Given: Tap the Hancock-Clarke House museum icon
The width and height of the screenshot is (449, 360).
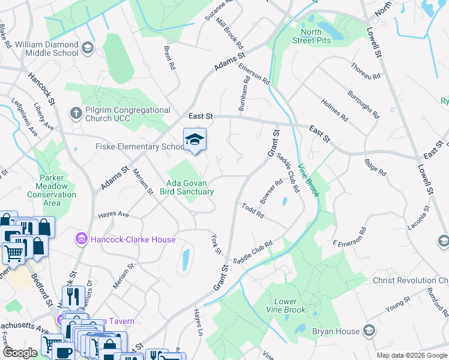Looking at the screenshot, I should click(x=82, y=239).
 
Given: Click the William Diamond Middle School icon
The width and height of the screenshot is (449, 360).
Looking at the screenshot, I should click(x=87, y=47).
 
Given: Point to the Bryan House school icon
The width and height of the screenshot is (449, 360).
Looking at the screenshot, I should click(x=370, y=331).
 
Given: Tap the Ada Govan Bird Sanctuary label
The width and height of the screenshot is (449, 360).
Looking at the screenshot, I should click(x=187, y=187).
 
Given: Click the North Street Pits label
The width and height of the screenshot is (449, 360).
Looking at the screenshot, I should click(x=315, y=36).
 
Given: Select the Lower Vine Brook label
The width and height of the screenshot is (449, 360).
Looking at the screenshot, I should click(x=286, y=306).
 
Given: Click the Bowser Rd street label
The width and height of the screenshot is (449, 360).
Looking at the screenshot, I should click(x=271, y=191).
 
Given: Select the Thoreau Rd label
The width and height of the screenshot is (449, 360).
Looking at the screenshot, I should click(x=366, y=71).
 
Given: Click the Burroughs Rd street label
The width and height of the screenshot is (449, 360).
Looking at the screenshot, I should click(x=363, y=104).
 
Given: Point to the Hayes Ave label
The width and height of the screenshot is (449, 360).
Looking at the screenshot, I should click(x=114, y=214).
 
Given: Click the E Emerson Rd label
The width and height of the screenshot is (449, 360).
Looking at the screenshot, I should click(x=349, y=239).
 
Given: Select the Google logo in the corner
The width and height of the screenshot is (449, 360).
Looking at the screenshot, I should click(x=20, y=353).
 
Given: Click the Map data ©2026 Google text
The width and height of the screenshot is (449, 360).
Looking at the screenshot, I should click(x=411, y=355).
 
